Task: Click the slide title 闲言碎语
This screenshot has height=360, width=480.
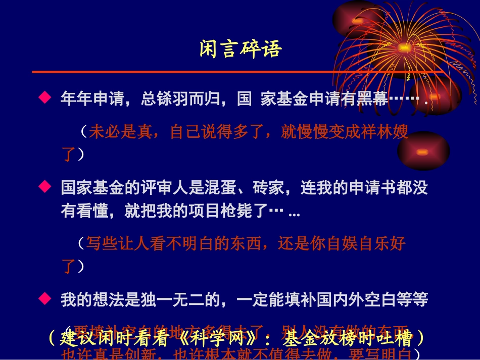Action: pos(240,49)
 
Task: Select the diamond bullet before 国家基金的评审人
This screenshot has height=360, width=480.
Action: pos(45,188)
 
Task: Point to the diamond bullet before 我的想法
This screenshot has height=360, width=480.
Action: pos(45,299)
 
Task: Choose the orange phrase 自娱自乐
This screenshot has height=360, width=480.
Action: pos(358,244)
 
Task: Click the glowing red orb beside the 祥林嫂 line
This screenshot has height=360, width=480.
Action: pos(423,151)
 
